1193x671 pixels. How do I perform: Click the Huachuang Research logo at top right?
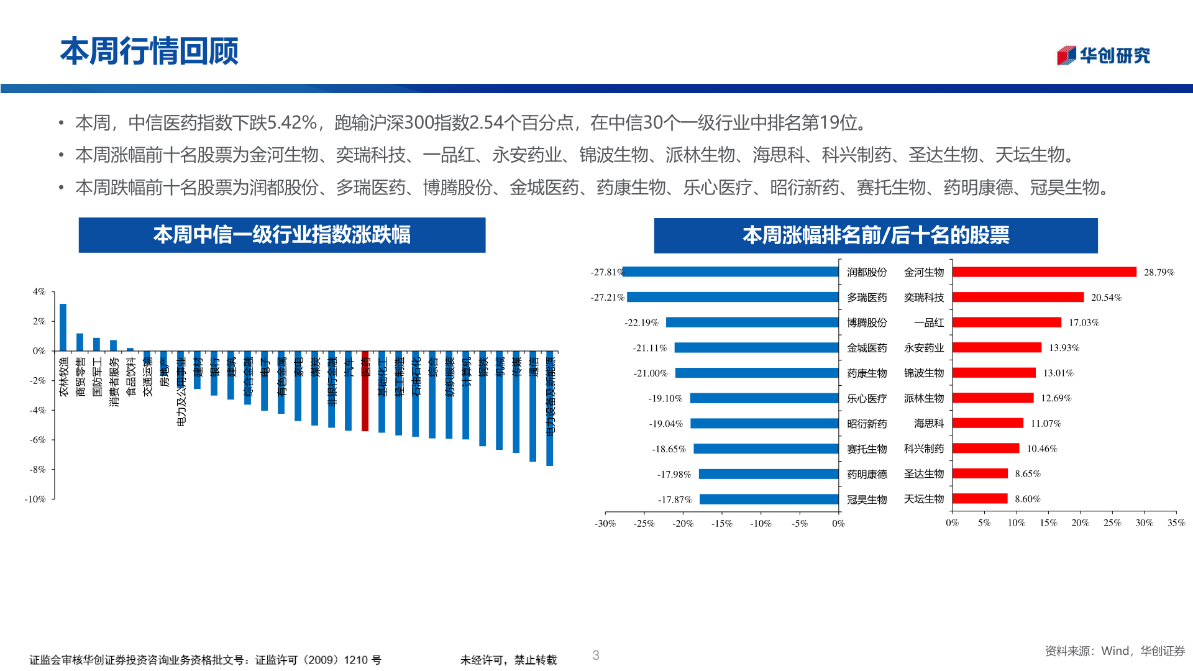pyautogui.click(x=1103, y=55)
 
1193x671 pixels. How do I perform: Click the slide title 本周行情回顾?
pyautogui.click(x=149, y=51)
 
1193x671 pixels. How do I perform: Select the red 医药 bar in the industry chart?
pyautogui.click(x=365, y=391)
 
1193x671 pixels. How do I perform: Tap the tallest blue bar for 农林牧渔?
pyautogui.click(x=63, y=327)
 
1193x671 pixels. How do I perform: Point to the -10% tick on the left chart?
pyautogui.click(x=35, y=499)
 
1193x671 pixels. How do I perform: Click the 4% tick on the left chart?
pyautogui.click(x=39, y=291)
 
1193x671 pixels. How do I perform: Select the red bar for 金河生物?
pyautogui.click(x=1044, y=272)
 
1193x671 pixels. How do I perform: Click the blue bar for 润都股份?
pyautogui.click(x=731, y=272)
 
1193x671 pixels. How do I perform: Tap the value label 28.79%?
pyautogui.click(x=1159, y=272)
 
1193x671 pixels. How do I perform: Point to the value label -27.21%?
pyautogui.click(x=607, y=298)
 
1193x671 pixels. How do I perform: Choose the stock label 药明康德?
pyautogui.click(x=867, y=474)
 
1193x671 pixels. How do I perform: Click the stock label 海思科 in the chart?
pyautogui.click(x=929, y=424)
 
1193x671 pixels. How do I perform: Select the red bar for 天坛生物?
pyautogui.click(x=980, y=499)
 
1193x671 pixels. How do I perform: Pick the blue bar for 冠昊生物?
pyautogui.click(x=769, y=500)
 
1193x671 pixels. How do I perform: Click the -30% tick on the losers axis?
pyautogui.click(x=605, y=524)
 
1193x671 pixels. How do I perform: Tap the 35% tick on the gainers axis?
pyautogui.click(x=1176, y=523)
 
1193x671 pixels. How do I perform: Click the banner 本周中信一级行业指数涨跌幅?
pyautogui.click(x=281, y=235)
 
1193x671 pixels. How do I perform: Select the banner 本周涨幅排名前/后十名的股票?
pyautogui.click(x=875, y=235)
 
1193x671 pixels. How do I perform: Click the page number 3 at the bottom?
pyautogui.click(x=596, y=655)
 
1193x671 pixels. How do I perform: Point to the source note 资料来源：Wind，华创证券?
pyautogui.click(x=1115, y=650)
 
